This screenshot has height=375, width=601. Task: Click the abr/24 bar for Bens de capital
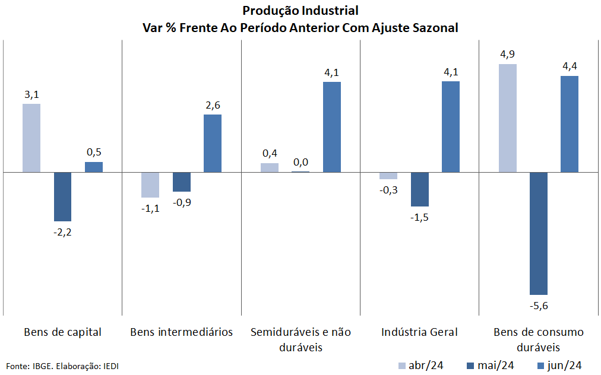(31, 138)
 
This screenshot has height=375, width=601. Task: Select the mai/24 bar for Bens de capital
(62, 196)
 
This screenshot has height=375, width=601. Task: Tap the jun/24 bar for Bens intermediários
(213, 143)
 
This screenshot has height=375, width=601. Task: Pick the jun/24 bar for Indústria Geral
(451, 126)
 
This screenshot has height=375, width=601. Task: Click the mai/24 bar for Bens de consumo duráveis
(539, 233)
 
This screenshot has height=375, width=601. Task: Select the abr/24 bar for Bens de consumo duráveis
(507, 118)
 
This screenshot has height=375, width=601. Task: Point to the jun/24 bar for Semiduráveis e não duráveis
(331, 127)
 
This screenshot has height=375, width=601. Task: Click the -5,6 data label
(539, 306)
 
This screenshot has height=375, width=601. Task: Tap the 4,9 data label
(507, 55)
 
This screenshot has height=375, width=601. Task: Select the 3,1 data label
(31, 94)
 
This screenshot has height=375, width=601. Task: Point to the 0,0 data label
(300, 162)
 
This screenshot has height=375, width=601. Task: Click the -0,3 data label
(388, 190)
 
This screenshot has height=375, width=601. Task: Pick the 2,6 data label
(213, 105)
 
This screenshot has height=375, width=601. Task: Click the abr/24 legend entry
(420, 365)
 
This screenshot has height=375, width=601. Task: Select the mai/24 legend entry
(491, 365)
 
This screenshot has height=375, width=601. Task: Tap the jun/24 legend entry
(558, 365)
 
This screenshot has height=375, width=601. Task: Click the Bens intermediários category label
(181, 332)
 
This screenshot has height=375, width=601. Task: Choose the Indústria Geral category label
(419, 332)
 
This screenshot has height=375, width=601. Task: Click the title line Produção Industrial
(300, 11)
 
